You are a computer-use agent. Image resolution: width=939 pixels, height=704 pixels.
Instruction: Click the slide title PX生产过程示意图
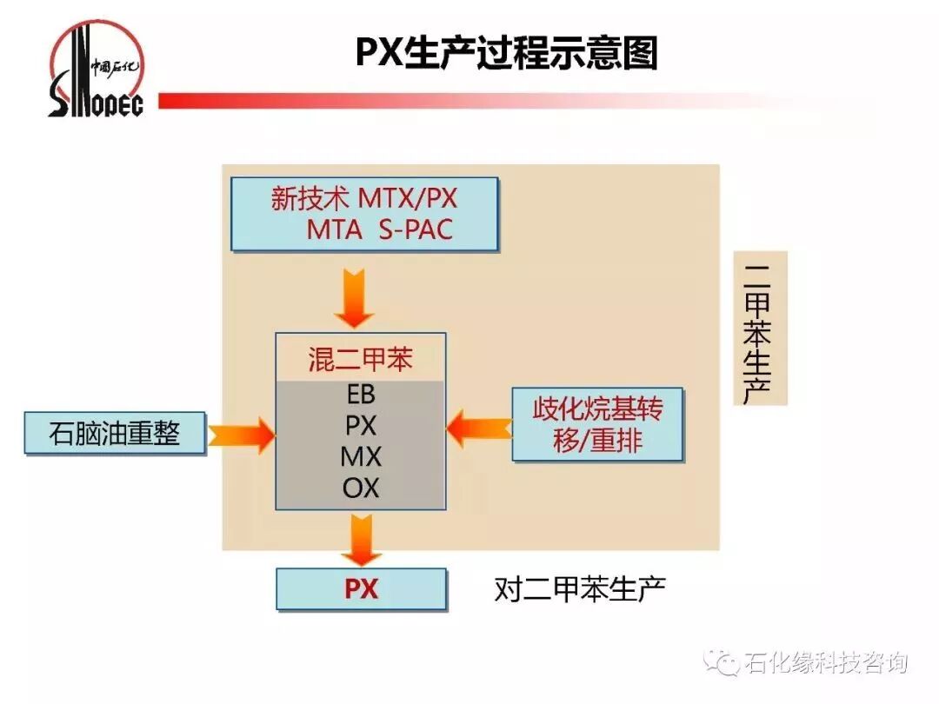coord(507,53)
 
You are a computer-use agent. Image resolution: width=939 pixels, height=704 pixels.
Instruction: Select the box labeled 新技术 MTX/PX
coord(364,214)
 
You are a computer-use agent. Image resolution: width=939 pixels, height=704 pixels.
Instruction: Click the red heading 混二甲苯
coord(360,359)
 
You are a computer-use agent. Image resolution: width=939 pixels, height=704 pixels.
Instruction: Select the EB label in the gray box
coord(360,395)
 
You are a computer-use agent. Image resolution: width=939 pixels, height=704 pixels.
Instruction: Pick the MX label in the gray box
coord(360,456)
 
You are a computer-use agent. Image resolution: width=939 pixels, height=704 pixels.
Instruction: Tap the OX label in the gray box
coord(360,488)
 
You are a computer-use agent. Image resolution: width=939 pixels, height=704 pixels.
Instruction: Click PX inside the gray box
coord(360,426)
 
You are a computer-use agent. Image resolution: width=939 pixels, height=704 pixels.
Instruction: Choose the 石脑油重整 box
coord(114,433)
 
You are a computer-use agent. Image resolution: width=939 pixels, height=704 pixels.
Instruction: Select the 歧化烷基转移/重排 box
coord(597,424)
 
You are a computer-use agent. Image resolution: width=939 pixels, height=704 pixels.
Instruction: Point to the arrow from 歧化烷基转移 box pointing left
coord(479,427)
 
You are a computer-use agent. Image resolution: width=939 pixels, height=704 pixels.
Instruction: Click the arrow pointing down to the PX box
coord(361,540)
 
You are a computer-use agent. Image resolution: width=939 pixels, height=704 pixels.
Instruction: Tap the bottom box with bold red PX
coord(361,589)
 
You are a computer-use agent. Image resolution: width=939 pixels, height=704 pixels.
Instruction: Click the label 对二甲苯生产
coord(580,589)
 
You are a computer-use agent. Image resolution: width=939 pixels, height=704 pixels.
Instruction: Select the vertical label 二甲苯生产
coord(760,329)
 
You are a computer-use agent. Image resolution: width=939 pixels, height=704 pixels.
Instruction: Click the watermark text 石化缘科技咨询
coord(826,663)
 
